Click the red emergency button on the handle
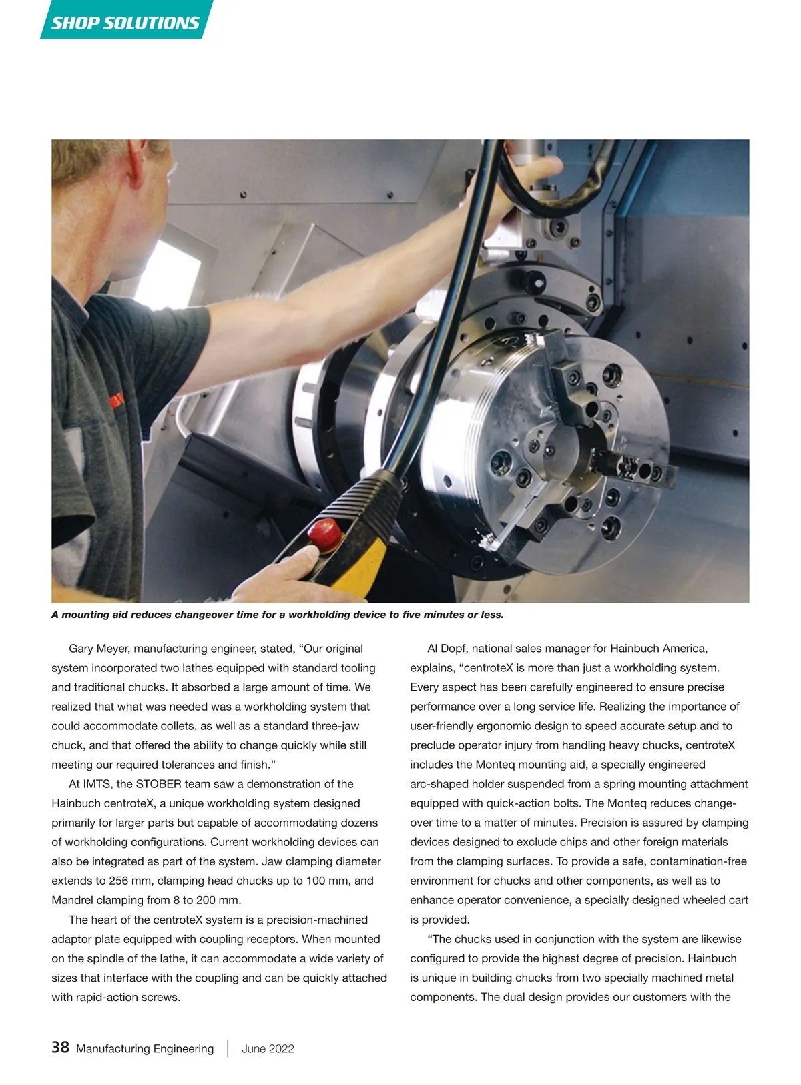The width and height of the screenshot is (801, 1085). (x=323, y=532)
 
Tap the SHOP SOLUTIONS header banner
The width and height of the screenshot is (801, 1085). (x=125, y=23)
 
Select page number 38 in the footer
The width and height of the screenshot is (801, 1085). (x=60, y=1047)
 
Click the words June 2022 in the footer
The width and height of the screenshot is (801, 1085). (x=268, y=1048)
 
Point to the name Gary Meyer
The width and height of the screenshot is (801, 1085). (x=98, y=649)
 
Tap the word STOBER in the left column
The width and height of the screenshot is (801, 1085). (x=158, y=784)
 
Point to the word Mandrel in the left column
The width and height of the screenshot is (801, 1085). (x=74, y=900)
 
